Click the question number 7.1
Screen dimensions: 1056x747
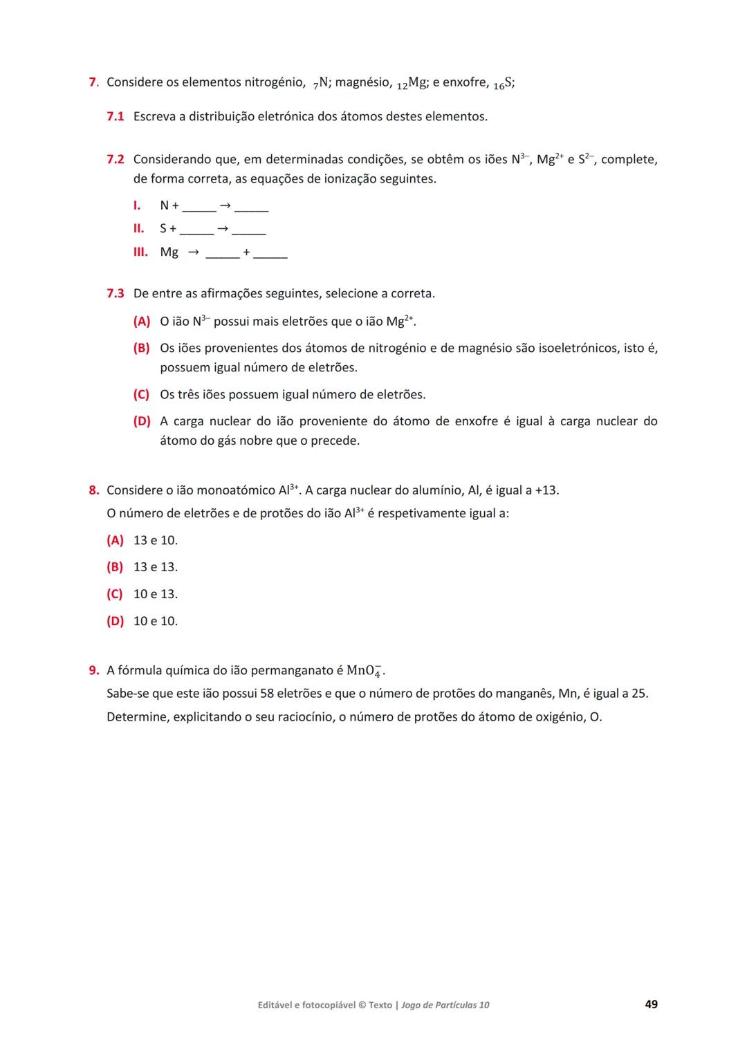pyautogui.click(x=115, y=116)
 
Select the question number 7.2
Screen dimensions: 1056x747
pyautogui.click(x=115, y=159)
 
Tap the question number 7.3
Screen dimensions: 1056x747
pyautogui.click(x=115, y=293)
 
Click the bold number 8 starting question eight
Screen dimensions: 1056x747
pyautogui.click(x=93, y=490)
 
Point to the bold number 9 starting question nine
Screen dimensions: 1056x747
pyautogui.click(x=93, y=670)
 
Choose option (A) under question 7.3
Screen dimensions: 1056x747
pyautogui.click(x=141, y=322)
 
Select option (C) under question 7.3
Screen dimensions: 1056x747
pyautogui.click(x=141, y=395)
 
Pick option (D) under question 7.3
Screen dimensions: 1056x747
pyautogui.click(x=141, y=421)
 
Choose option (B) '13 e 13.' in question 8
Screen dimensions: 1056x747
pyautogui.click(x=115, y=567)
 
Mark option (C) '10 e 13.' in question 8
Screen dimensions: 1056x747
pyautogui.click(x=115, y=594)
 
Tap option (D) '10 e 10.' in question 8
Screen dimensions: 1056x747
pyautogui.click(x=115, y=621)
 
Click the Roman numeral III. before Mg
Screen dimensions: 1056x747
pyautogui.click(x=140, y=252)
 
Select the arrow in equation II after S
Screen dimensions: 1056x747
pyautogui.click(x=222, y=228)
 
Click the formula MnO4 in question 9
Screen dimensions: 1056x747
pyautogui.click(x=365, y=671)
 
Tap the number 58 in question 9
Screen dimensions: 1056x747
pyautogui.click(x=267, y=694)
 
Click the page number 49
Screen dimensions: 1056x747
pyautogui.click(x=651, y=1004)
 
